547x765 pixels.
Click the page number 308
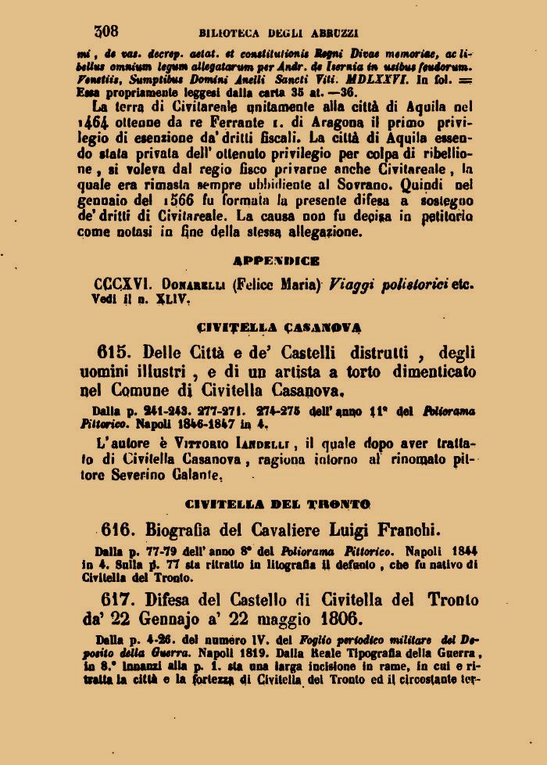[106, 31]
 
